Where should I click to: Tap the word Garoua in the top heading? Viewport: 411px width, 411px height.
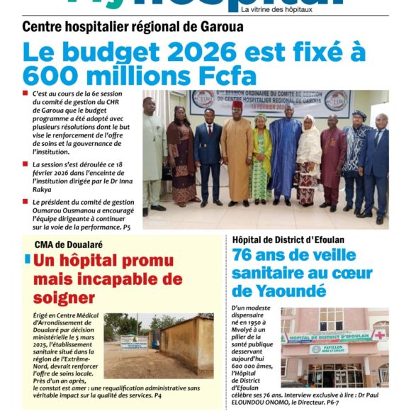click(x=219, y=27)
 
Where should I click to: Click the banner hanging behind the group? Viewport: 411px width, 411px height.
click(x=269, y=103)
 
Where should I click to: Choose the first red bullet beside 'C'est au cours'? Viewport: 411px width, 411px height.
click(x=26, y=94)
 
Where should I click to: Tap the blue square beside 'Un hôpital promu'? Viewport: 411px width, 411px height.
click(x=28, y=259)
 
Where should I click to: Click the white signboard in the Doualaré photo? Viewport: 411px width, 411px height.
click(x=133, y=343)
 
